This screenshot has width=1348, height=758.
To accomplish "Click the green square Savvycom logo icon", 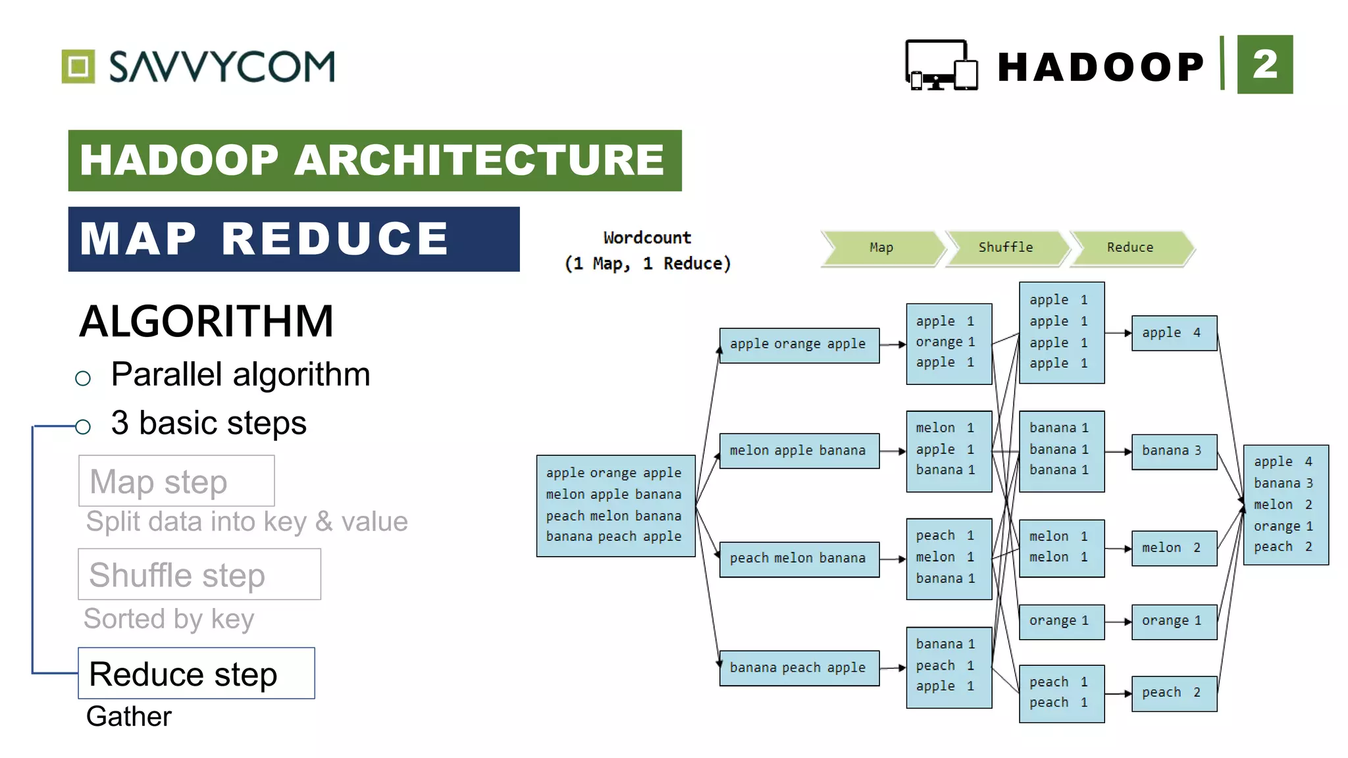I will click(78, 66).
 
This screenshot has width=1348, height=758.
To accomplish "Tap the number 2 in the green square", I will click(1264, 64).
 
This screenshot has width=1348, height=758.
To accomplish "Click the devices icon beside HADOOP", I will click(941, 65).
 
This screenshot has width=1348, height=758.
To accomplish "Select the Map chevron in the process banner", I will click(881, 248).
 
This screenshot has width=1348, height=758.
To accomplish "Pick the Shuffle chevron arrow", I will click(1006, 248).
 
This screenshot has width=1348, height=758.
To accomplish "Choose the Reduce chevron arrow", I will click(1130, 248).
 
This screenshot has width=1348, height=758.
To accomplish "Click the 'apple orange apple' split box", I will click(799, 345).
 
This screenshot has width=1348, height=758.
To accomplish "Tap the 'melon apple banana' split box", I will click(799, 451).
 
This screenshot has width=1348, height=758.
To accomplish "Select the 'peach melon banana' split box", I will click(799, 559).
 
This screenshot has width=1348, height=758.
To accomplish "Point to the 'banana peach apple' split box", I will click(799, 668).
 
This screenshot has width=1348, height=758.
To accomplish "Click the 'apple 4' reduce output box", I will click(1174, 333).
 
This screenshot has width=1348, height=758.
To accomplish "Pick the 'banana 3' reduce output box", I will click(1174, 451).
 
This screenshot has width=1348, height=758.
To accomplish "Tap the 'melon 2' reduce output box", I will click(1174, 548).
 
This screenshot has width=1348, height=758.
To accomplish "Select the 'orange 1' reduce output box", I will click(1174, 621).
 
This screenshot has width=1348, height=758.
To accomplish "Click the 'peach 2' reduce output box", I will click(1174, 694).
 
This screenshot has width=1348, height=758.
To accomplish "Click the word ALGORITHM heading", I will click(207, 322).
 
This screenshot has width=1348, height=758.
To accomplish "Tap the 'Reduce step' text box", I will click(196, 673).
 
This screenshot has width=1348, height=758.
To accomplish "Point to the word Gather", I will click(129, 717).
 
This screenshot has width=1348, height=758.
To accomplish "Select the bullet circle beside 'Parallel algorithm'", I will click(83, 378).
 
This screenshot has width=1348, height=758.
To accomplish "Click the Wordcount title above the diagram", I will click(648, 238).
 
